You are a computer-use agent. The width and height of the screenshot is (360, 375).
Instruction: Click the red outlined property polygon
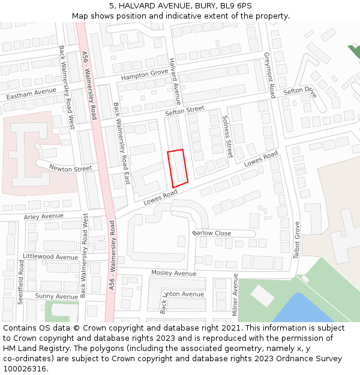(x=178, y=167)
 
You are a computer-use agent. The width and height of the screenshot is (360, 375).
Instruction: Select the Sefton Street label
(x=185, y=111)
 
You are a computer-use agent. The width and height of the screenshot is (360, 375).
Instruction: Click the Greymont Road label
(x=269, y=75)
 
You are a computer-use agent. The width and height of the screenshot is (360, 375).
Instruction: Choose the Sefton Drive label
(x=299, y=91)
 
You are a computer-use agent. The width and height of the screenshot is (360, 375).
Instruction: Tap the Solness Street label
(x=227, y=137)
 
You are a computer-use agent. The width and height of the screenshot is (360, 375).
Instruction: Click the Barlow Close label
(x=212, y=233)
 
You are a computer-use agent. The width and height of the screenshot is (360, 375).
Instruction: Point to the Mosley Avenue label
(x=173, y=273)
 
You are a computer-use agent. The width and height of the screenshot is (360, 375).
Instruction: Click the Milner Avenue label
(x=235, y=295)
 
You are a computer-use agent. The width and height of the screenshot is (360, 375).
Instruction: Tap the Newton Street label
(x=70, y=169)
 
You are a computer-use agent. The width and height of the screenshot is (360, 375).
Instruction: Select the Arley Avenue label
(x=43, y=216)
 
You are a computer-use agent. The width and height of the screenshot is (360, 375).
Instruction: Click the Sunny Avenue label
(x=56, y=296)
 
